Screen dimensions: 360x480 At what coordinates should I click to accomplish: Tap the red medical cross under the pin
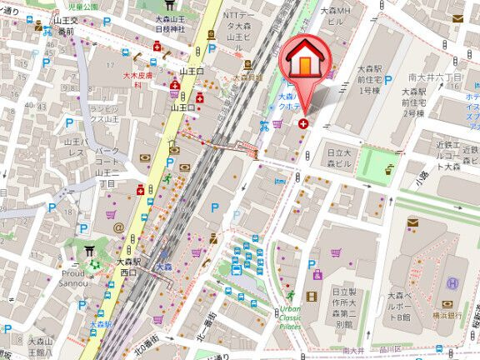(x=302, y=122)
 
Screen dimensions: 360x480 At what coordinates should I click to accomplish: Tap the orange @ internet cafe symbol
(x=118, y=226)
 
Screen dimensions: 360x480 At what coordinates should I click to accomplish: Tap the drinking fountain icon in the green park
(x=389, y=169)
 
